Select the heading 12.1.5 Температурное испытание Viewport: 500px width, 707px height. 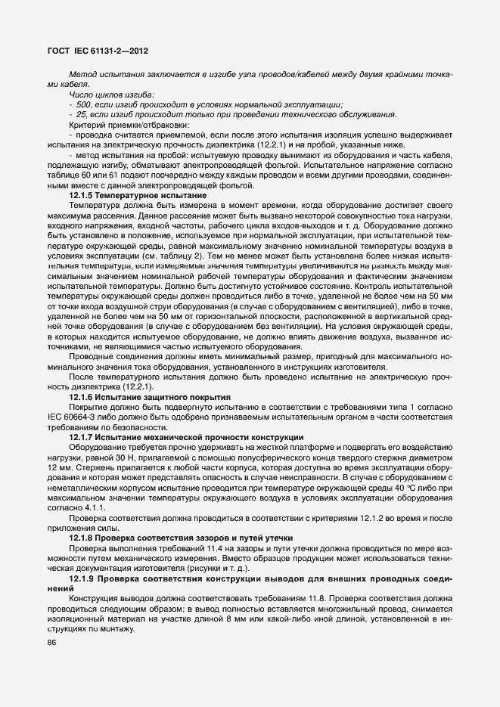click(x=138, y=196)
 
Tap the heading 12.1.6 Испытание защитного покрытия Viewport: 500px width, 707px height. click(x=149, y=397)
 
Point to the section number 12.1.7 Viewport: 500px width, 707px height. click(x=80, y=437)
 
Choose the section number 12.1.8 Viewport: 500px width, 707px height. click(x=80, y=537)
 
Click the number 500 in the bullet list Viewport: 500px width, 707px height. click(x=84, y=104)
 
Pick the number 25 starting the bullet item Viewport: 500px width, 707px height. click(x=82, y=114)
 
